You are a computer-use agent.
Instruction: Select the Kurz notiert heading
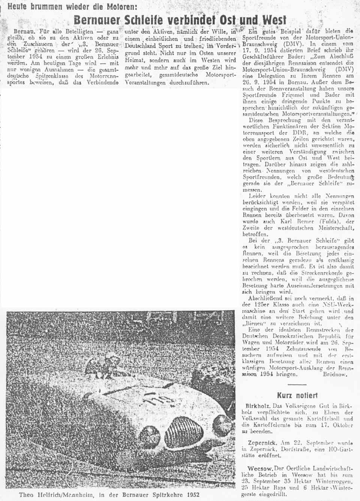pyautogui.click(x=297, y=395)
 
